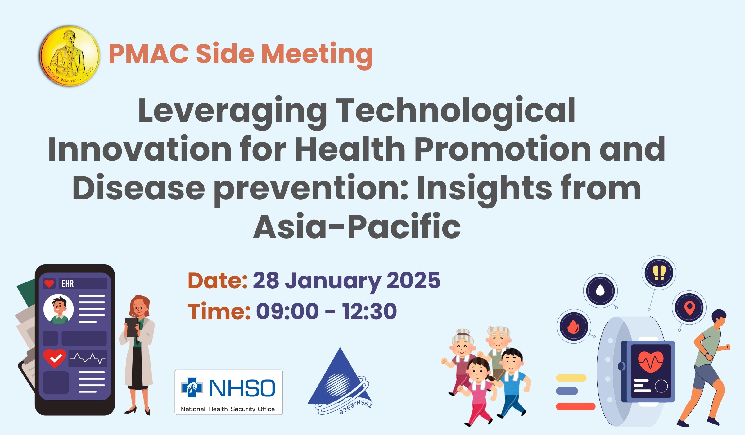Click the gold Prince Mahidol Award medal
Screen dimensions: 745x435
(x=70, y=56)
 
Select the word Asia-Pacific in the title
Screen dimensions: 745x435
(x=357, y=227)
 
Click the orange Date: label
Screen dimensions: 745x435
(x=218, y=281)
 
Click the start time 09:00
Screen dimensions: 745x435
(x=287, y=311)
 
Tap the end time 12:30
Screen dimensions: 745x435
(x=369, y=311)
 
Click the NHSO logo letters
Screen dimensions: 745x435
(x=242, y=388)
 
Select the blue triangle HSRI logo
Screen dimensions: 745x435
(x=340, y=381)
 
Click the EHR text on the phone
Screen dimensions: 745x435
(x=68, y=284)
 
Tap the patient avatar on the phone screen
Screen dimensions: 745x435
(x=59, y=309)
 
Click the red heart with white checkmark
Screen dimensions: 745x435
(x=55, y=358)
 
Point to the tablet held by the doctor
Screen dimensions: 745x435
(x=131, y=327)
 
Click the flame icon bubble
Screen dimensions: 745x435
(x=574, y=327)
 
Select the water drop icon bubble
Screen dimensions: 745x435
(x=600, y=291)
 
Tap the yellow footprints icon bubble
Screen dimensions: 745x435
(x=659, y=273)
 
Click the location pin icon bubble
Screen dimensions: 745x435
(x=689, y=308)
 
